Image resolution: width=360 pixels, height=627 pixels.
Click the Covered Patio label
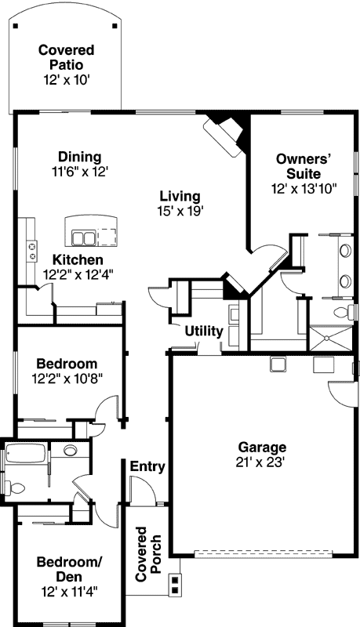[67, 58]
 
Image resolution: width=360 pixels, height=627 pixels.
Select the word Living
[180, 196]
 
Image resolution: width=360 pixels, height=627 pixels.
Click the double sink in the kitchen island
[84, 236]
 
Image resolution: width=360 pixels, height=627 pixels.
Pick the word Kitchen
[78, 260]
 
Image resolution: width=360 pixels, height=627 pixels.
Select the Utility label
[204, 332]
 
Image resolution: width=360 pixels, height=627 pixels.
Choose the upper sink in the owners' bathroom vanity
[344, 252]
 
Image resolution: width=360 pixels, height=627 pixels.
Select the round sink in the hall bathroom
[70, 451]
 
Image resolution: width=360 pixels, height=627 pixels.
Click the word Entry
[147, 468]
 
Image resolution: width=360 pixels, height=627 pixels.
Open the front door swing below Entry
[142, 491]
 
